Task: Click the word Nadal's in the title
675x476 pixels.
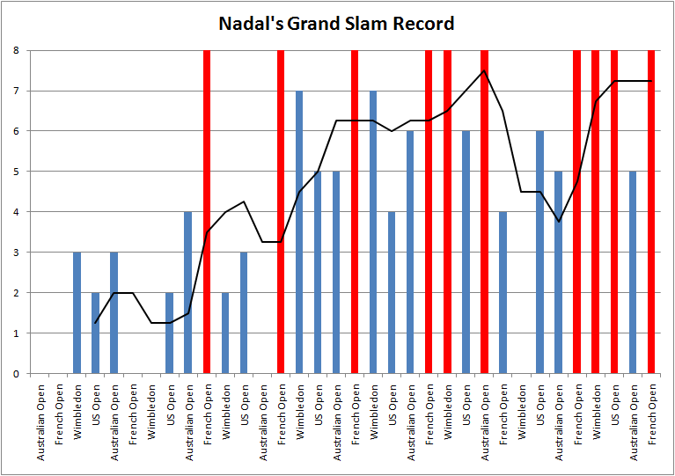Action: pos(251,23)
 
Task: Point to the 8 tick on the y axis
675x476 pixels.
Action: pos(16,50)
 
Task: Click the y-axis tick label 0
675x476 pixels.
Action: pos(16,374)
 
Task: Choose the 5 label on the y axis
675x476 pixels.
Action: pos(16,172)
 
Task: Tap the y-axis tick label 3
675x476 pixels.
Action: pos(16,253)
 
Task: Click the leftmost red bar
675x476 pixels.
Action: pos(207,212)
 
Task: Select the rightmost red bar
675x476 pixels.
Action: pos(651,212)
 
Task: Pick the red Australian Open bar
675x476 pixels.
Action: pos(484,212)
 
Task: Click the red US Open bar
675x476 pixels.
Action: pos(614,212)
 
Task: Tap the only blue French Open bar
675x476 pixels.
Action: pos(503,293)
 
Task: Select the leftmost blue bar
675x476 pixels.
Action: pos(77,313)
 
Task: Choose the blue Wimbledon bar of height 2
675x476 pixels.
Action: pos(225,333)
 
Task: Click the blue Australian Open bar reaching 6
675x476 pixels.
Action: pos(410,253)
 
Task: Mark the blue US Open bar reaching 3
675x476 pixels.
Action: pos(244,313)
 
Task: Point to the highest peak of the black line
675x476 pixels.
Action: pos(484,70)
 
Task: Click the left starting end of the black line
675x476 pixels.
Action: pos(95,323)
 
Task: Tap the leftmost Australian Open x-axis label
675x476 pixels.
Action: pos(40,422)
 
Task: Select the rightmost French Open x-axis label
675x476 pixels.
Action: pos(652,415)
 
